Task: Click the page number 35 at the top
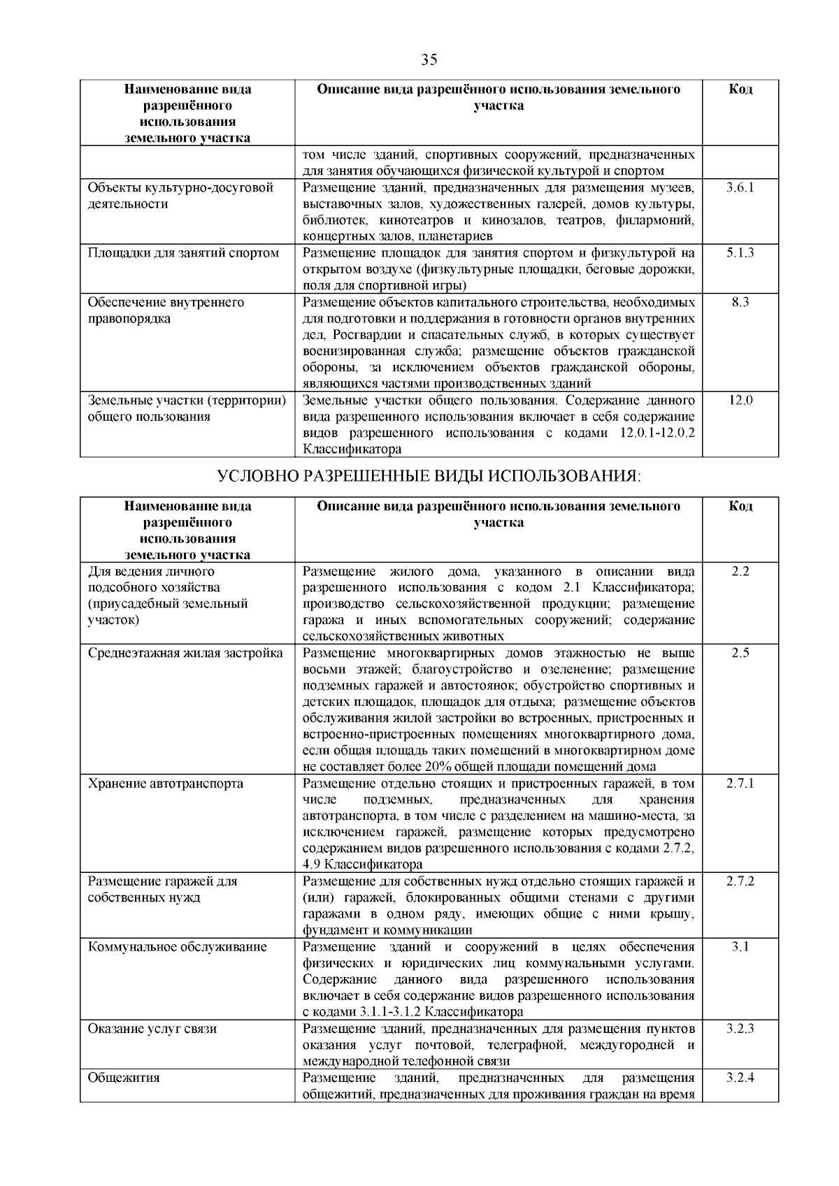pyautogui.click(x=429, y=59)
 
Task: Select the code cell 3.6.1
pyautogui.click(x=740, y=187)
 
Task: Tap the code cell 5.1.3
pyautogui.click(x=740, y=253)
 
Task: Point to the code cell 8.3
pyautogui.click(x=740, y=302)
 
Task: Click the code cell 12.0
pyautogui.click(x=740, y=400)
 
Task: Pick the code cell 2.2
pyautogui.click(x=740, y=571)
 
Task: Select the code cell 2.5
pyautogui.click(x=740, y=653)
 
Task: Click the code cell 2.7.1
pyautogui.click(x=740, y=783)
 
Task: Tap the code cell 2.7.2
pyautogui.click(x=740, y=881)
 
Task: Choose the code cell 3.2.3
pyautogui.click(x=740, y=1029)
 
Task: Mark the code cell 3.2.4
pyautogui.click(x=740, y=1078)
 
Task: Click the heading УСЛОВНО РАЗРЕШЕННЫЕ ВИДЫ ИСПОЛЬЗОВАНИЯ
pyautogui.click(x=429, y=477)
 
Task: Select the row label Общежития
pyautogui.click(x=124, y=1078)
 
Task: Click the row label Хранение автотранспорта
pyautogui.click(x=166, y=783)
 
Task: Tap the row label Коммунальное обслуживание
pyautogui.click(x=178, y=947)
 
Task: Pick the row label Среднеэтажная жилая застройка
pyautogui.click(x=185, y=653)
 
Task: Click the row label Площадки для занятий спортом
pyautogui.click(x=183, y=253)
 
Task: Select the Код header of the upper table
pyautogui.click(x=740, y=89)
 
